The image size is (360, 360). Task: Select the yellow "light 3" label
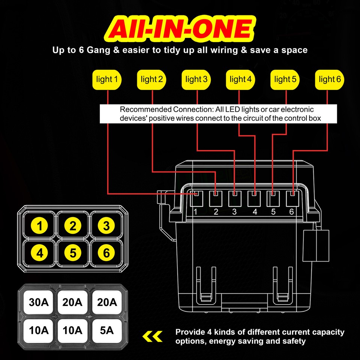click(x=196, y=79)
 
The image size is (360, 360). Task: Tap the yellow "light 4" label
click(x=240, y=79)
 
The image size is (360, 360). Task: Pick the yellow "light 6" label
click(x=330, y=79)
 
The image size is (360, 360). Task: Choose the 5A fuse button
click(x=106, y=330)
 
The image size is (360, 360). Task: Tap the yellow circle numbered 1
click(x=39, y=226)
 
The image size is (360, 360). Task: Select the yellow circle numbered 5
click(x=73, y=253)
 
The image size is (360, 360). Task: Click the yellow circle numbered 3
click(x=106, y=226)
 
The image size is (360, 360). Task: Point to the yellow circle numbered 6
click(x=106, y=253)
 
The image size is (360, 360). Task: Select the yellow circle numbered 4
click(x=39, y=253)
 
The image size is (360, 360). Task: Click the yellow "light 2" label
click(x=151, y=79)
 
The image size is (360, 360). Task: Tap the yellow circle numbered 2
click(x=73, y=226)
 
